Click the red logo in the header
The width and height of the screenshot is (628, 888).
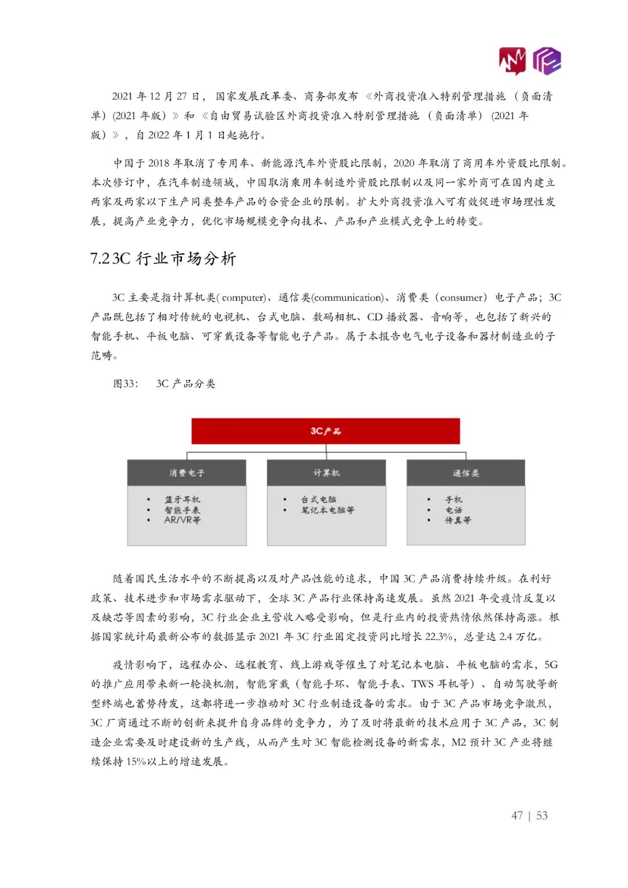[x=512, y=61]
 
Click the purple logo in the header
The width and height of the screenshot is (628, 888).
[x=547, y=61]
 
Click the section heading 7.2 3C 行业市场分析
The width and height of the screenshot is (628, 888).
[x=163, y=259]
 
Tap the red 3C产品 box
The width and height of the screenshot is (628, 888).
[x=326, y=431]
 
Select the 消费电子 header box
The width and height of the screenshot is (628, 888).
[x=187, y=473]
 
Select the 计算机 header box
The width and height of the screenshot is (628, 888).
[x=326, y=473]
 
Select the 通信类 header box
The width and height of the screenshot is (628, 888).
[x=466, y=473]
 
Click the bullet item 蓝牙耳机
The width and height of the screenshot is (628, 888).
[x=182, y=500]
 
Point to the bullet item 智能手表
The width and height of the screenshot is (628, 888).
[x=182, y=510]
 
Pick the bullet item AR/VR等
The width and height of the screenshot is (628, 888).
[x=182, y=520]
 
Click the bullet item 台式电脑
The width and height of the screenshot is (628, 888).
[x=318, y=500]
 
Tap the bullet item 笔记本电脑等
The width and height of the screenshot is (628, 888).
[x=327, y=510]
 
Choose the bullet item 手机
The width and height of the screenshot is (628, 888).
[x=454, y=500]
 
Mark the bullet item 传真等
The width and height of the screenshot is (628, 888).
[x=458, y=520]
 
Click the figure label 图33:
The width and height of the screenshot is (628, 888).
[x=126, y=384]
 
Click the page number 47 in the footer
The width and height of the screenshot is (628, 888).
[x=517, y=815]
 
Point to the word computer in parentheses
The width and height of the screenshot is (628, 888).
[x=244, y=298]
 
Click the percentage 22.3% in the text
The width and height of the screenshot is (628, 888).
[x=438, y=637]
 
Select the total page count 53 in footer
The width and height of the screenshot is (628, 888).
[x=542, y=815]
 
